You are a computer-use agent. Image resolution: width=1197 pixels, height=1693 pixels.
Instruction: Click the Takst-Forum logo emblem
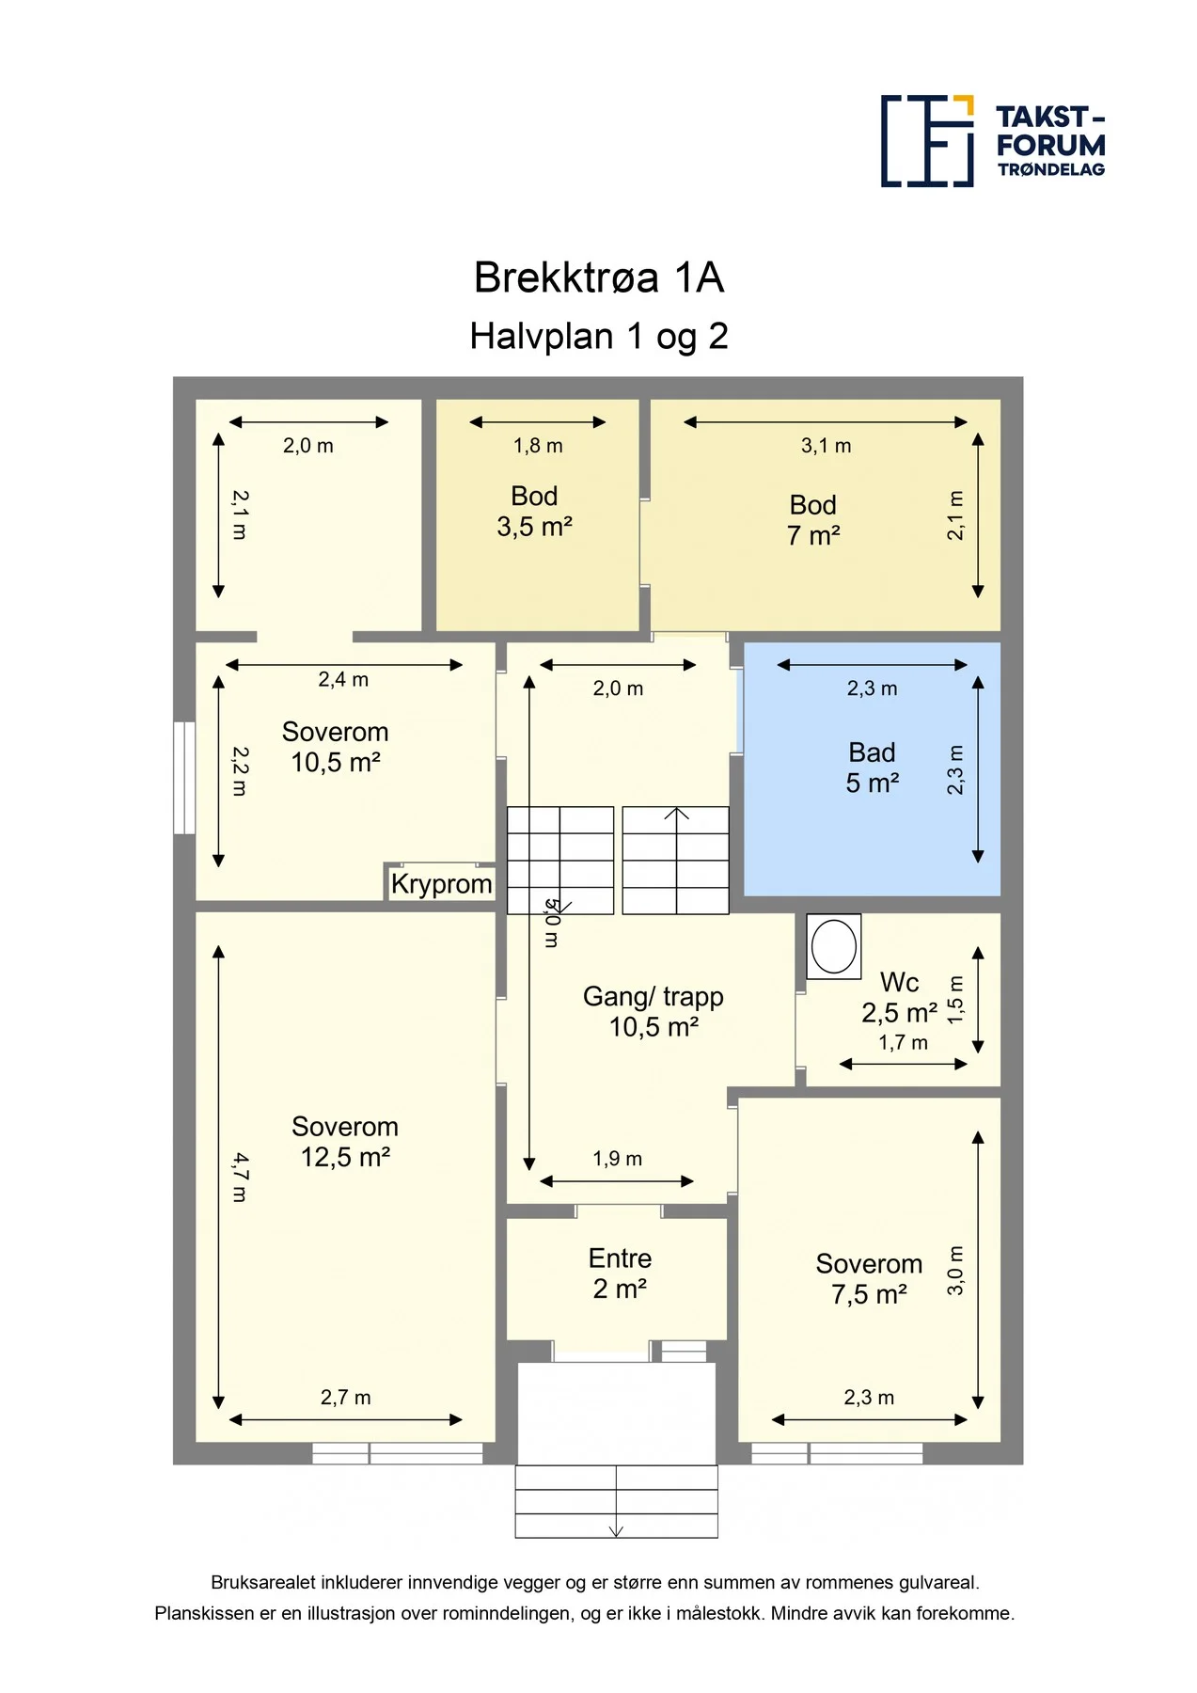coord(927,141)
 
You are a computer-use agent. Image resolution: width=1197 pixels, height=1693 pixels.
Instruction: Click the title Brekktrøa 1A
coord(599,277)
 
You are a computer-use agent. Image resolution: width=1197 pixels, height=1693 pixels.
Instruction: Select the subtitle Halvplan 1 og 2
coord(599,336)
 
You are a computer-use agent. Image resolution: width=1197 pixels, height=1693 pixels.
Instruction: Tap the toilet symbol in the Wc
coord(834,946)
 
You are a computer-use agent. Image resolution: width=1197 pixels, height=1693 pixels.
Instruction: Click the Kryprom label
coord(441,884)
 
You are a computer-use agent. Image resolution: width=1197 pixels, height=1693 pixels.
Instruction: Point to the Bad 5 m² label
coord(873,767)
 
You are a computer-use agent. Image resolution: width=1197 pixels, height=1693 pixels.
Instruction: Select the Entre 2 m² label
coord(620,1274)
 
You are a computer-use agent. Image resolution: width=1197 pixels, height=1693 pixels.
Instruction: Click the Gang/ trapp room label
coord(654,1011)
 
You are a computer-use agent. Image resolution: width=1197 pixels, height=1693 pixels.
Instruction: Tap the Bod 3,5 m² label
coord(534,512)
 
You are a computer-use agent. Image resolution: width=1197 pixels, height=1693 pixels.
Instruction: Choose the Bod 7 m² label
coord(813,520)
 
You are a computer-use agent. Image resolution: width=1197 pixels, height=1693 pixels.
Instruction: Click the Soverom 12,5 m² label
coord(345,1142)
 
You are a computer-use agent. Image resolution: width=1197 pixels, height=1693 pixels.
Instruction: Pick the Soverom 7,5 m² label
coord(869,1279)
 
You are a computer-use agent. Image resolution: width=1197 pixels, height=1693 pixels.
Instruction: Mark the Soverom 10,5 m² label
coord(335,747)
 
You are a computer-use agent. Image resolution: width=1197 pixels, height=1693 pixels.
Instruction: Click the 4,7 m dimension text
coord(240,1178)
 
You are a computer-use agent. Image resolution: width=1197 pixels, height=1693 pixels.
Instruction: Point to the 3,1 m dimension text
coord(827,446)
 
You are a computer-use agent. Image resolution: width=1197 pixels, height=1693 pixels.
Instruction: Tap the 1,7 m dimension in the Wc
coord(904,1042)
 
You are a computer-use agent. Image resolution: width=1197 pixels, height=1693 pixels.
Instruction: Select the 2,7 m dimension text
coord(346,1398)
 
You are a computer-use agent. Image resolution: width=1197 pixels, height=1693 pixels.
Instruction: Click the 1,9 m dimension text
coord(618,1159)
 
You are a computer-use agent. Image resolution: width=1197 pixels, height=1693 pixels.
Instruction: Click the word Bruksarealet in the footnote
coord(263,1583)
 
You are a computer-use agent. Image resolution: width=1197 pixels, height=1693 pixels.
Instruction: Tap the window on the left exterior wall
coord(184,778)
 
